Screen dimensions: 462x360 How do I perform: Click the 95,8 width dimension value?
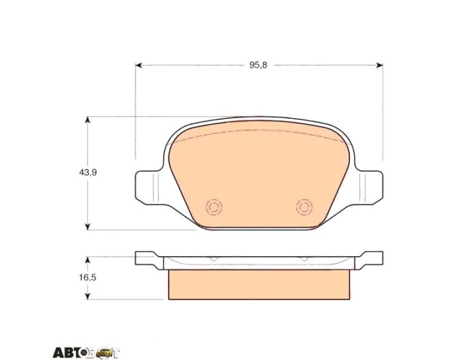(258, 65)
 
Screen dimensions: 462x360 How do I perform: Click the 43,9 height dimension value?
(88, 173)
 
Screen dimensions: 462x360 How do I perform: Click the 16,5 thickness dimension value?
(88, 278)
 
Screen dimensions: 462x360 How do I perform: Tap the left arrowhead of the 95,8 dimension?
(139, 65)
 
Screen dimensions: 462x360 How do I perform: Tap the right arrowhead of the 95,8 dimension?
(380, 65)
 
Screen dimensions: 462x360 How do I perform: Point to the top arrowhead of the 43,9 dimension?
(87, 120)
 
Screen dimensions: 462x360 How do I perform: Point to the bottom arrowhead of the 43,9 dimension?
(87, 226)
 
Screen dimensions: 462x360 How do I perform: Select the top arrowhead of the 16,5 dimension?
(87, 260)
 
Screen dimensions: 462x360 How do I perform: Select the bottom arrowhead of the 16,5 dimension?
(87, 296)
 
